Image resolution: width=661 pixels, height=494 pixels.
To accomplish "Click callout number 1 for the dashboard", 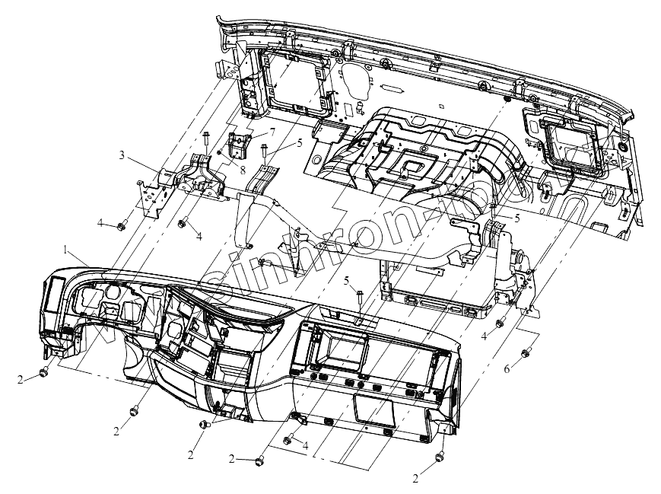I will pos(67,250).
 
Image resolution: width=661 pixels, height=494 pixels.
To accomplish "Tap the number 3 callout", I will pos(122,155).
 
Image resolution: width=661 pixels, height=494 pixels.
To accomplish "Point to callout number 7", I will pos(271,132).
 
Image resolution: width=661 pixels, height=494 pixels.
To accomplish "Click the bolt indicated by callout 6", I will pos(526,352).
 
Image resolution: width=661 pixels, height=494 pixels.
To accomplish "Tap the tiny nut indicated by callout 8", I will pos(219,153).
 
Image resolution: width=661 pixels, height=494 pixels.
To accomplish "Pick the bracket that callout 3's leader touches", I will pos(194,177).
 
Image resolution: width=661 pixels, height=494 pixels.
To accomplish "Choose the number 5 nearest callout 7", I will pos(299,141).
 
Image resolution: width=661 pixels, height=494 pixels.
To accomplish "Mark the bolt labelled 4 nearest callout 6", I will pos(500,323).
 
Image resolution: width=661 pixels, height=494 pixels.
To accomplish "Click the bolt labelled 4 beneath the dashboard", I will pos(288,440).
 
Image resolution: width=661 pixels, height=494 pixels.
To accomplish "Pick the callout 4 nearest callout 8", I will pos(199,237).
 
